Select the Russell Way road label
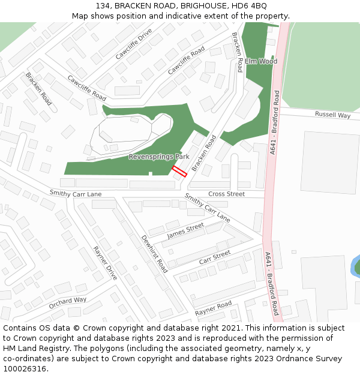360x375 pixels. click(332, 115)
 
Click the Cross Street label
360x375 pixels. click(226, 194)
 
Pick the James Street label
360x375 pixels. click(185, 230)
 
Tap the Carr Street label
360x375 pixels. click(214, 258)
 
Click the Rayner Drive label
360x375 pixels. click(105, 263)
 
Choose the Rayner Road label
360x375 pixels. click(213, 309)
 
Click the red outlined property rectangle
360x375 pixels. click(179, 171)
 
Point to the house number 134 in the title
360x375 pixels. click(103, 5)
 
